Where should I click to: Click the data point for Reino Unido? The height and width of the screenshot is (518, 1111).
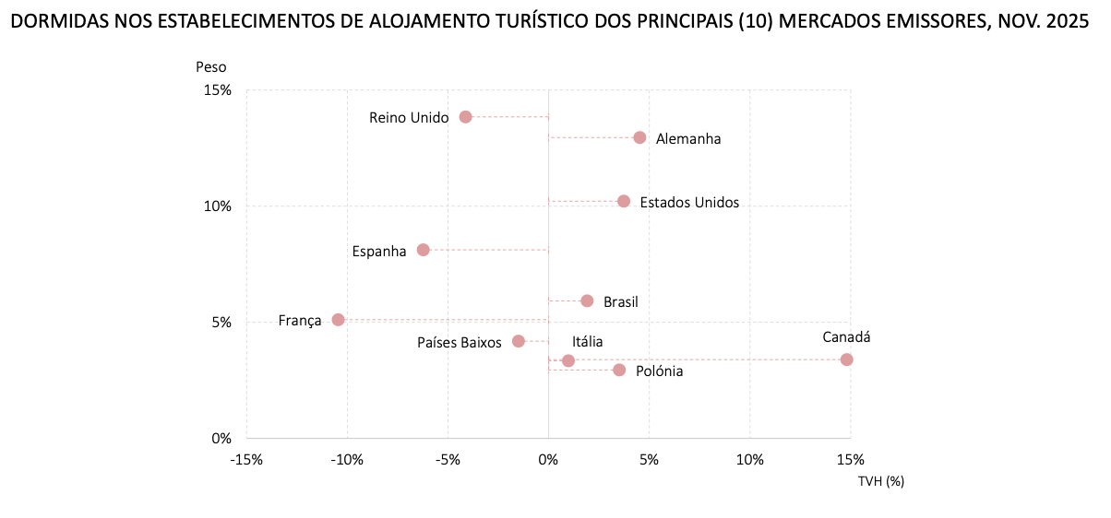pyautogui.click(x=465, y=117)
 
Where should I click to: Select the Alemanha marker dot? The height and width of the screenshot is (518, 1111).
pyautogui.click(x=639, y=137)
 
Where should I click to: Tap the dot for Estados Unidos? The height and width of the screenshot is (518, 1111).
pyautogui.click(x=624, y=201)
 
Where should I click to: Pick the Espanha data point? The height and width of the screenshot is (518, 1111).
pyautogui.click(x=424, y=250)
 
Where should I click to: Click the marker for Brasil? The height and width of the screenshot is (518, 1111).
pyautogui.click(x=587, y=300)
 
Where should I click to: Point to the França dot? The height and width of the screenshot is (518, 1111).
pyautogui.click(x=338, y=320)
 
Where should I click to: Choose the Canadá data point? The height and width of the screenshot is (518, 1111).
pyautogui.click(x=846, y=359)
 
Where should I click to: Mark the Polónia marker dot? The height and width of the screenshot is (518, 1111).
pyautogui.click(x=619, y=370)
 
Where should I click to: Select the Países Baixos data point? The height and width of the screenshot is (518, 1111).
pyautogui.click(x=519, y=341)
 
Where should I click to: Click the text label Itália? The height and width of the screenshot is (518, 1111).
pyautogui.click(x=587, y=342)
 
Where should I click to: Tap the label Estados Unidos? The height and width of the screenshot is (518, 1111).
pyautogui.click(x=689, y=203)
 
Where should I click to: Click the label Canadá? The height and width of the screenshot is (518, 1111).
pyautogui.click(x=847, y=337)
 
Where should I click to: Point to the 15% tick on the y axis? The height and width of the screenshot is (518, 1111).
pyautogui.click(x=218, y=90)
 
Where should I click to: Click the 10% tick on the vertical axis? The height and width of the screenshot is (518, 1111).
pyautogui.click(x=218, y=206)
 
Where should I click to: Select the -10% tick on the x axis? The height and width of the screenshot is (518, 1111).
pyautogui.click(x=347, y=459)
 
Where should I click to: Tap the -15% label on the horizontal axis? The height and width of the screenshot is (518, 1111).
pyautogui.click(x=246, y=459)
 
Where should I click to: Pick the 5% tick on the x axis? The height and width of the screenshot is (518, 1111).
pyautogui.click(x=649, y=459)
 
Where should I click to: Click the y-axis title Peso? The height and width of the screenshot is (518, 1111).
pyautogui.click(x=210, y=66)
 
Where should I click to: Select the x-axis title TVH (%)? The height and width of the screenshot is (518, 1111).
pyautogui.click(x=880, y=480)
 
